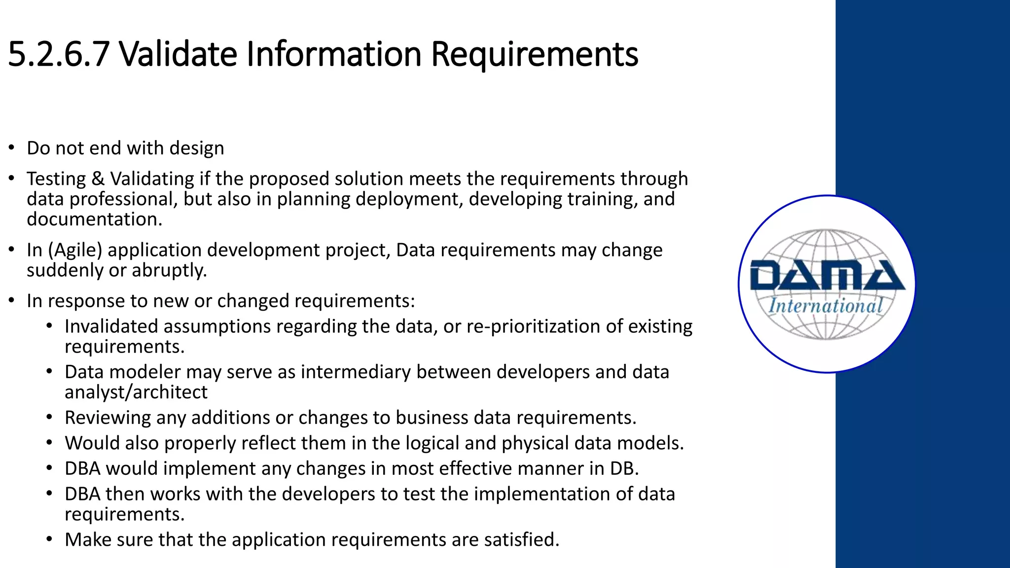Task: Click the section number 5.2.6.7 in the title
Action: (x=58, y=54)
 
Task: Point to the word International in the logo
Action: (x=826, y=306)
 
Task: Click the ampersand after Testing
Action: (x=98, y=178)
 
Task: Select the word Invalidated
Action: (x=111, y=326)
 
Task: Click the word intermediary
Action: (x=356, y=372)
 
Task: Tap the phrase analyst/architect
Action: (x=136, y=392)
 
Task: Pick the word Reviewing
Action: (x=108, y=418)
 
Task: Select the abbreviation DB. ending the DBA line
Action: (x=624, y=468)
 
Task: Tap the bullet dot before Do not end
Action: (x=11, y=147)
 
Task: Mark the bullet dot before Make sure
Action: (x=49, y=539)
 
